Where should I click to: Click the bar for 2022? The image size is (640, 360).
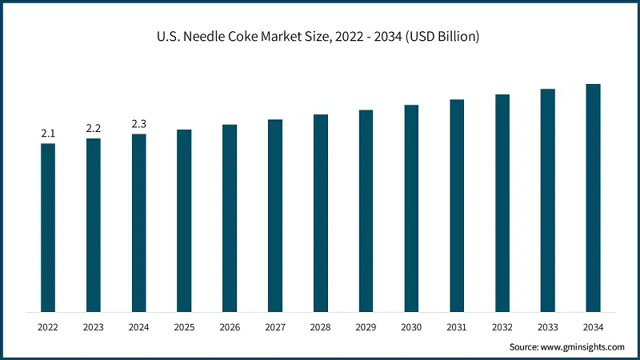pyautogui.click(x=48, y=227)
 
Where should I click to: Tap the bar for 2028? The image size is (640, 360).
pyautogui.click(x=320, y=213)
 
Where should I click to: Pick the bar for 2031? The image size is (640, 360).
pyautogui.click(x=457, y=206)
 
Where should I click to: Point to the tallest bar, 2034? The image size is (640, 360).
pyautogui.click(x=593, y=198)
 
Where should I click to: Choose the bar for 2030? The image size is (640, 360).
pyautogui.click(x=411, y=208)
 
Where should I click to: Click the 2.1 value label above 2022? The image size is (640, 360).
pyautogui.click(x=48, y=134)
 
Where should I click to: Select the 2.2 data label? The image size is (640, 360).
pyautogui.click(x=94, y=129)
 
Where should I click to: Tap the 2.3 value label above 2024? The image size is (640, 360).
pyautogui.click(x=139, y=124)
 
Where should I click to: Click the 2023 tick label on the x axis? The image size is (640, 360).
pyautogui.click(x=94, y=327)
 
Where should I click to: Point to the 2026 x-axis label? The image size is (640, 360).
pyautogui.click(x=230, y=327)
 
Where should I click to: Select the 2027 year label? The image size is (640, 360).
pyautogui.click(x=275, y=327)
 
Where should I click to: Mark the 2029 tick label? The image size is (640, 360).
pyautogui.click(x=366, y=327)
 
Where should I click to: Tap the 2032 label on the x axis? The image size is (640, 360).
pyautogui.click(x=502, y=327)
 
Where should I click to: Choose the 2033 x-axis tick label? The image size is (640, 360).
pyautogui.click(x=547, y=327)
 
